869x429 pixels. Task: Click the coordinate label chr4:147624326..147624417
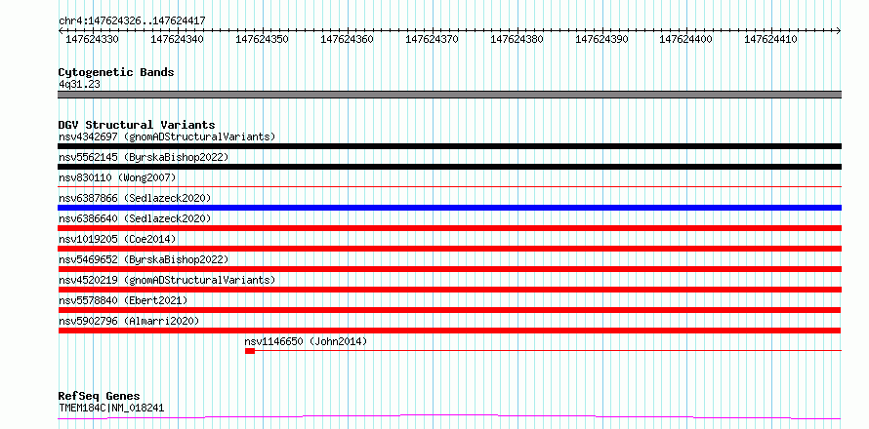click(x=132, y=20)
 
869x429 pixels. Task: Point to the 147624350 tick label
click(x=262, y=39)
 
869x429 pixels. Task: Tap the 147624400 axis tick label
click(x=685, y=39)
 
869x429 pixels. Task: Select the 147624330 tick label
click(x=92, y=39)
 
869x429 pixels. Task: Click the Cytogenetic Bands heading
click(x=116, y=72)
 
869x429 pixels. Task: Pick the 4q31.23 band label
click(x=79, y=84)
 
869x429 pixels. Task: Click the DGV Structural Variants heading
click(x=137, y=125)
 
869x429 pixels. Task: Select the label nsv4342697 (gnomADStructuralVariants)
click(x=167, y=136)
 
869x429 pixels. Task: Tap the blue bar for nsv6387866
click(x=449, y=208)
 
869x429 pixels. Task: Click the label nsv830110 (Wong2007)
click(x=117, y=177)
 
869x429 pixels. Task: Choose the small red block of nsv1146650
click(x=250, y=351)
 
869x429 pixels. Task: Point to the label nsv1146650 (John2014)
click(x=306, y=341)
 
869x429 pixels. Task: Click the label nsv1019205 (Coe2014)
click(x=117, y=239)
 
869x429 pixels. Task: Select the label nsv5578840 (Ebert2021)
click(x=123, y=300)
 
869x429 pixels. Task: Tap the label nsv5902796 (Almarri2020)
click(x=129, y=321)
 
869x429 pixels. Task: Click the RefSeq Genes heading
click(x=99, y=397)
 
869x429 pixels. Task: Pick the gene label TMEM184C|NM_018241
click(x=111, y=409)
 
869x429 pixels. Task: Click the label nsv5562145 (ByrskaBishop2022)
click(x=144, y=157)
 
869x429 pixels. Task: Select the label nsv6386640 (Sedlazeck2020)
click(x=135, y=218)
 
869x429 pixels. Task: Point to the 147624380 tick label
click(x=517, y=39)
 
